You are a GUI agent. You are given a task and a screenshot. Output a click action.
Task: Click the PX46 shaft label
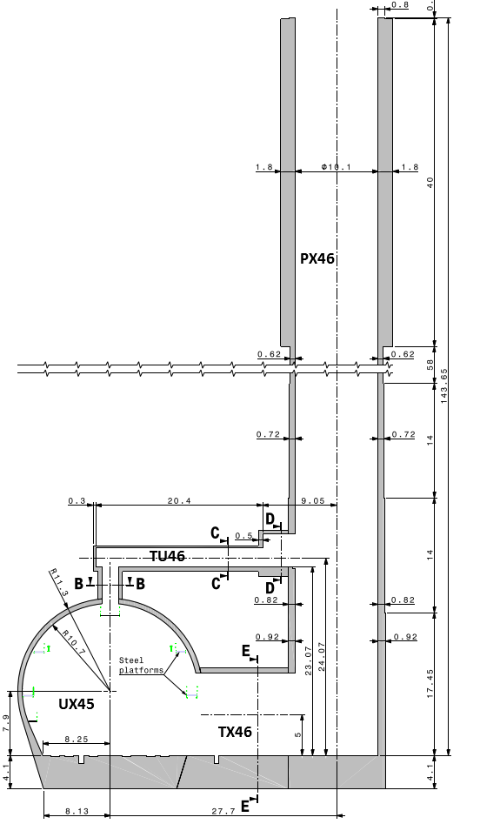(317, 258)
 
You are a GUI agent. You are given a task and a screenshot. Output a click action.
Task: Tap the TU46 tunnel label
(167, 556)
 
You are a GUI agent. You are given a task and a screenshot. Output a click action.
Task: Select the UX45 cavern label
(77, 704)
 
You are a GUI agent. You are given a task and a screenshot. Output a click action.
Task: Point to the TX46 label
(235, 732)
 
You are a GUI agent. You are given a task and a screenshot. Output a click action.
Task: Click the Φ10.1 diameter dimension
(337, 168)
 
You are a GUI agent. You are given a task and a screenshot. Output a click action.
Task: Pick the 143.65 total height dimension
(443, 386)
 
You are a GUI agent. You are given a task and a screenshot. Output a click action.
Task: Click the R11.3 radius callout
(59, 582)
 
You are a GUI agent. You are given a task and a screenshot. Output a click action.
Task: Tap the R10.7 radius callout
(73, 641)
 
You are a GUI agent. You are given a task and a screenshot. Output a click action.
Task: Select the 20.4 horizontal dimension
(179, 501)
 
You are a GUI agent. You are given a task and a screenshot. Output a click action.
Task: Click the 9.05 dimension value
(313, 501)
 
